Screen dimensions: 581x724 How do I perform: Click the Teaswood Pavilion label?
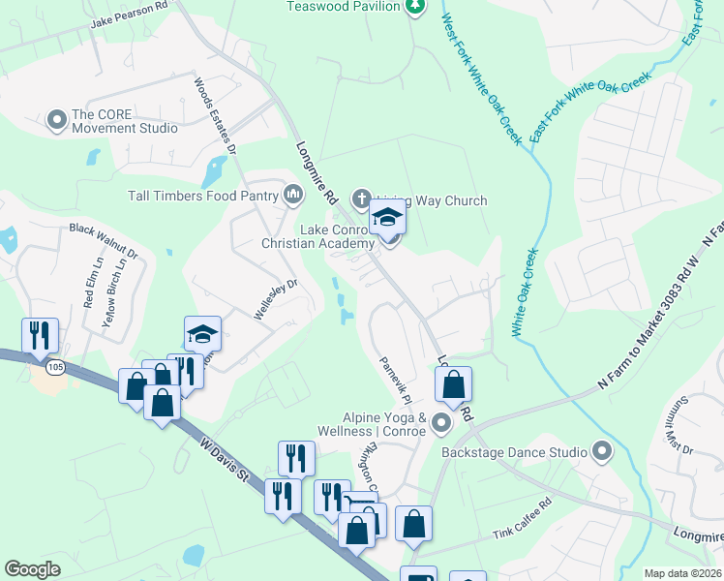(343, 7)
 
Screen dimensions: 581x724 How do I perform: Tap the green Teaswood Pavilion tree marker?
(414, 7)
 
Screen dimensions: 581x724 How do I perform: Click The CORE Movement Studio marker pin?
(55, 118)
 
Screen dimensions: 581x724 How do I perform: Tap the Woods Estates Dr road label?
(215, 116)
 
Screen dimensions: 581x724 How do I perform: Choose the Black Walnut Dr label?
(104, 242)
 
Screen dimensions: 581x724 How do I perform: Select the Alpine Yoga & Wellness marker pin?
(441, 422)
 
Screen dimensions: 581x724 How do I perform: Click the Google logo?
(33, 569)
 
